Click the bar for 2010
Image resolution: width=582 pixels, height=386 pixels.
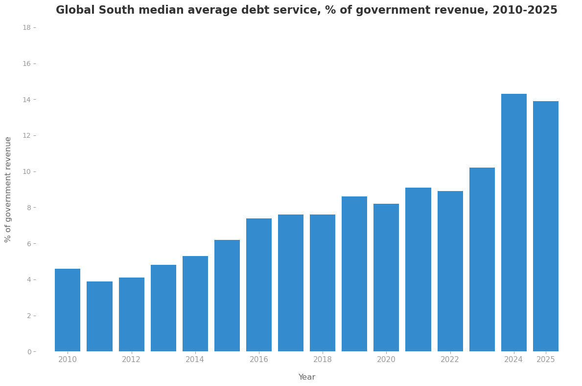[68, 310]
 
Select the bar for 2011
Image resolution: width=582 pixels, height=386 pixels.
[99, 316]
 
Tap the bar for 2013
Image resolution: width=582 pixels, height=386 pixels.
[163, 308]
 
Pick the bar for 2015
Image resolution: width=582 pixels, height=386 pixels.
[227, 296]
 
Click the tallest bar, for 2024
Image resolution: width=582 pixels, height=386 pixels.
[514, 222]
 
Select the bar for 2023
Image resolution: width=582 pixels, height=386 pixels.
[482, 259]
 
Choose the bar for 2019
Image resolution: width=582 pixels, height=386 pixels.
[354, 274]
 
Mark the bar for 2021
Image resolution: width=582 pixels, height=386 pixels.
[418, 269]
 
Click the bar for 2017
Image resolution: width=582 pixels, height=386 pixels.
[291, 283]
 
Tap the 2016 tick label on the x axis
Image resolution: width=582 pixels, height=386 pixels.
[259, 360]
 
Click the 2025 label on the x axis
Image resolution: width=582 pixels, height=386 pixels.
[546, 360]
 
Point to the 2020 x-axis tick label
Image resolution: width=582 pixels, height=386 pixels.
[386, 360]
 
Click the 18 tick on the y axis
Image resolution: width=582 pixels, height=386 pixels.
[26, 28]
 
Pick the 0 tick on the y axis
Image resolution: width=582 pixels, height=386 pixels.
[29, 352]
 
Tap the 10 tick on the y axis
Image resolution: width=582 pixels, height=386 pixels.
[26, 172]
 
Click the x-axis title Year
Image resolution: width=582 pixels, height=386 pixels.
[307, 377]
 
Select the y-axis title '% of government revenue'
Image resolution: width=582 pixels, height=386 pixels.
[8, 189]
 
